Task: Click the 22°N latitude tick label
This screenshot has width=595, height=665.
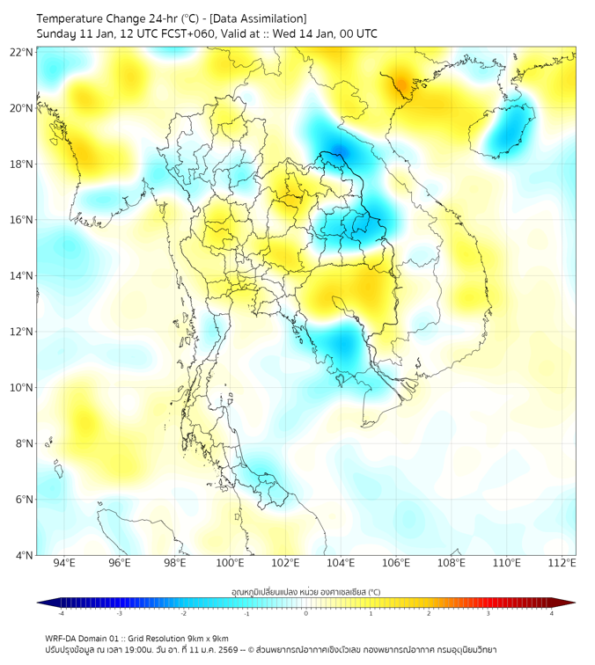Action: click(x=22, y=52)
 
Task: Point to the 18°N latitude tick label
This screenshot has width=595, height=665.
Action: click(x=22, y=164)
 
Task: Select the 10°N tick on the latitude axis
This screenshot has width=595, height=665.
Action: click(x=22, y=387)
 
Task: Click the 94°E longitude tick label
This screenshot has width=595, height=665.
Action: click(x=64, y=563)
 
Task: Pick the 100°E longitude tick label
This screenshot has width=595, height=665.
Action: click(x=230, y=563)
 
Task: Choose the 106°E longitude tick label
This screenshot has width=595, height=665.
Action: click(x=396, y=563)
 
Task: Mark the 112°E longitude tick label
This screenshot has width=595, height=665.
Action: click(x=562, y=563)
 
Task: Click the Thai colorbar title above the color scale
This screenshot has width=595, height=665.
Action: click(x=305, y=592)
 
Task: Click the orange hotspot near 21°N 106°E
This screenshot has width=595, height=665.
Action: click(x=402, y=84)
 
